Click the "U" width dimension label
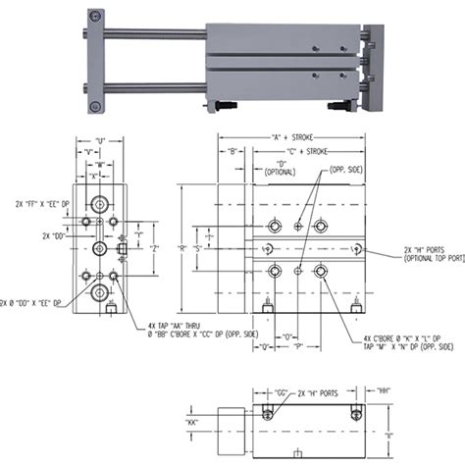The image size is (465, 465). click(100, 140)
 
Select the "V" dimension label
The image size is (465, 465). click(89, 153)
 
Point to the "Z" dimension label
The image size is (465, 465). click(154, 249)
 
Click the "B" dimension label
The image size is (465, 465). click(232, 152)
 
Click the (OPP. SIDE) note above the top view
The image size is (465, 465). click(349, 170)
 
